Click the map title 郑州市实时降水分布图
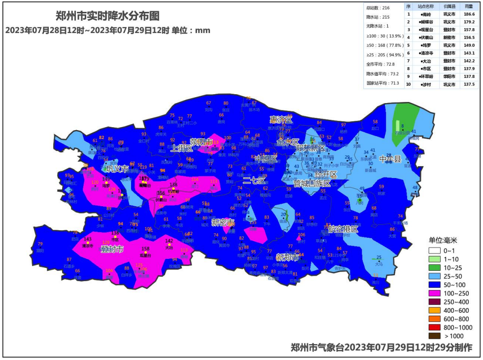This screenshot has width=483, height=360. [x=107, y=16]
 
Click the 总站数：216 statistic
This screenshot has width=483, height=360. [x=378, y=8]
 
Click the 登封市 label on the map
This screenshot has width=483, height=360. [x=112, y=250]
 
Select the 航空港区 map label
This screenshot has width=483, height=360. [x=343, y=229]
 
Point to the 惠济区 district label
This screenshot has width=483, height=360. [x=281, y=120]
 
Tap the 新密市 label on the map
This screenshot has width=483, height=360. [x=223, y=223]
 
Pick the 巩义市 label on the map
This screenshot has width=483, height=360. [x=118, y=169]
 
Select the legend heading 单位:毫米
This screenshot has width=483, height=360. [x=443, y=240]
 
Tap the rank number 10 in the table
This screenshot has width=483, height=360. [x=408, y=85]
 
